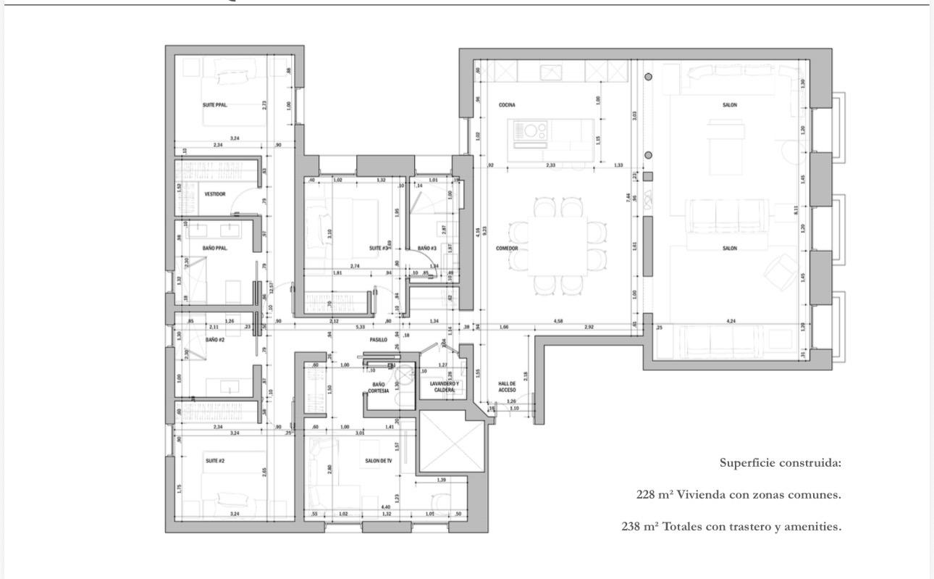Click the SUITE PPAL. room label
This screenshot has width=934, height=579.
coord(214,105)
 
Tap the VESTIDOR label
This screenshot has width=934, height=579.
coord(215,194)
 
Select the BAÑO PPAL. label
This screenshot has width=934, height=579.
coord(215,248)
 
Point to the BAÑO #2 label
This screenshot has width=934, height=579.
coord(215,339)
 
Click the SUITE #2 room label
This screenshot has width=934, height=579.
coord(215,461)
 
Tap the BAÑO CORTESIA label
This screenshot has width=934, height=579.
coord(378,388)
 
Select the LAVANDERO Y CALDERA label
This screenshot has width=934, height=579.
coord(444,386)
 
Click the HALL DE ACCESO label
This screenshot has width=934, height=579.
coord(507,386)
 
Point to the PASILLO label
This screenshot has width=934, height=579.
coord(378,339)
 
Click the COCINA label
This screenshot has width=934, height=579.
coord(507,105)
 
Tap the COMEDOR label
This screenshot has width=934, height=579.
coord(507,248)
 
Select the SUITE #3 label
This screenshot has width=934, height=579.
coord(378,248)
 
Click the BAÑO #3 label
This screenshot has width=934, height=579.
coord(426,248)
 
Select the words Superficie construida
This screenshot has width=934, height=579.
coord(780,462)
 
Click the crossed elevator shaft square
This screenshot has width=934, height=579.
coord(451,443)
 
